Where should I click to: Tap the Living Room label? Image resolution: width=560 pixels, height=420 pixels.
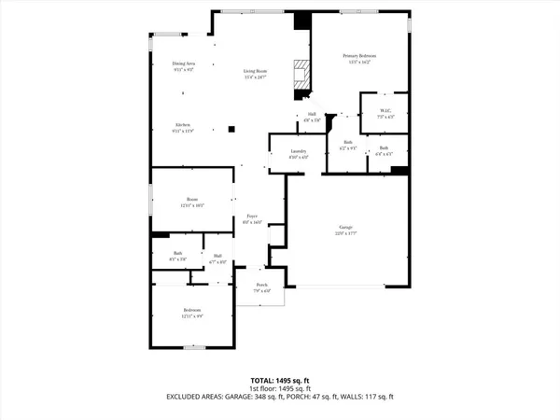click(255, 72)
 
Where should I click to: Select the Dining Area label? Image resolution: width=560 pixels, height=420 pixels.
click(183, 63)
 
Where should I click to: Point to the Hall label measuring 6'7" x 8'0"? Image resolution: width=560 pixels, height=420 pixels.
click(217, 256)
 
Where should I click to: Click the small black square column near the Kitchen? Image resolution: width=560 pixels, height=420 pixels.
click(231, 131)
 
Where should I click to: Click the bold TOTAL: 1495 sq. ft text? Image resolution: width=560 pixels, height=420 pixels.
click(280, 381)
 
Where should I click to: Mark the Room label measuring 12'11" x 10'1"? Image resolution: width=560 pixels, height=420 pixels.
click(192, 200)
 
